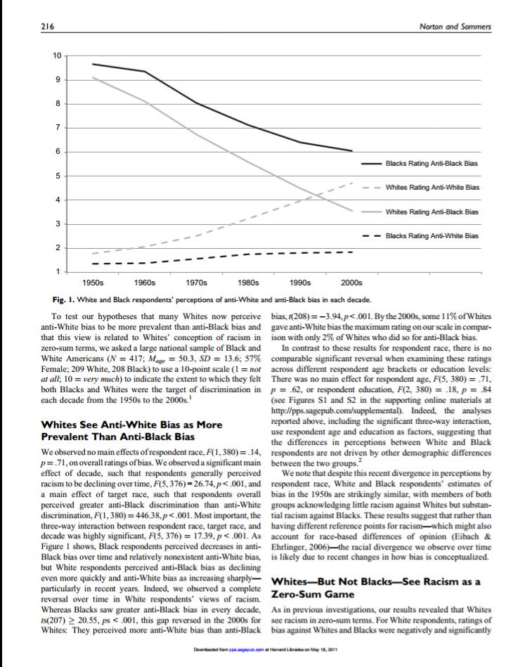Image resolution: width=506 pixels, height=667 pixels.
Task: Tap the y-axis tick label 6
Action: click(x=59, y=152)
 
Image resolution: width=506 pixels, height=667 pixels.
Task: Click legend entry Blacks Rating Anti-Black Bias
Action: click(x=432, y=163)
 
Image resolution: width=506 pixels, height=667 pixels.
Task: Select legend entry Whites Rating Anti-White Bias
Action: click(x=432, y=187)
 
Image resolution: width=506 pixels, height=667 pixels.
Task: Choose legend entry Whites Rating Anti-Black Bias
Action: click(x=432, y=211)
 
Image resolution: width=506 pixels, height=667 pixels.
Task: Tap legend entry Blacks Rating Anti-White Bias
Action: click(x=432, y=235)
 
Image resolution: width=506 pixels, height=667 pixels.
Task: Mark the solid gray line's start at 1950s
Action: click(x=93, y=77)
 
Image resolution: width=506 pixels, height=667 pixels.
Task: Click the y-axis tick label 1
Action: click(x=59, y=271)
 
